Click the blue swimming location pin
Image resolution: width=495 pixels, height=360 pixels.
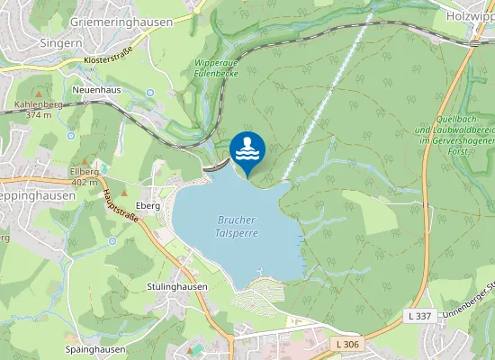point(247,149)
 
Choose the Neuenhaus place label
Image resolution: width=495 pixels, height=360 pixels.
point(98,91)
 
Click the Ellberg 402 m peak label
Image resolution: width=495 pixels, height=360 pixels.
point(84,176)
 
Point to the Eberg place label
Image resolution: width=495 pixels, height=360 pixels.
point(148,205)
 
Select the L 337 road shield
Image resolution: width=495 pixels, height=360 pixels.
point(418,315)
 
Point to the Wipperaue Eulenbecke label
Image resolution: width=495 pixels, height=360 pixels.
point(214,68)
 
